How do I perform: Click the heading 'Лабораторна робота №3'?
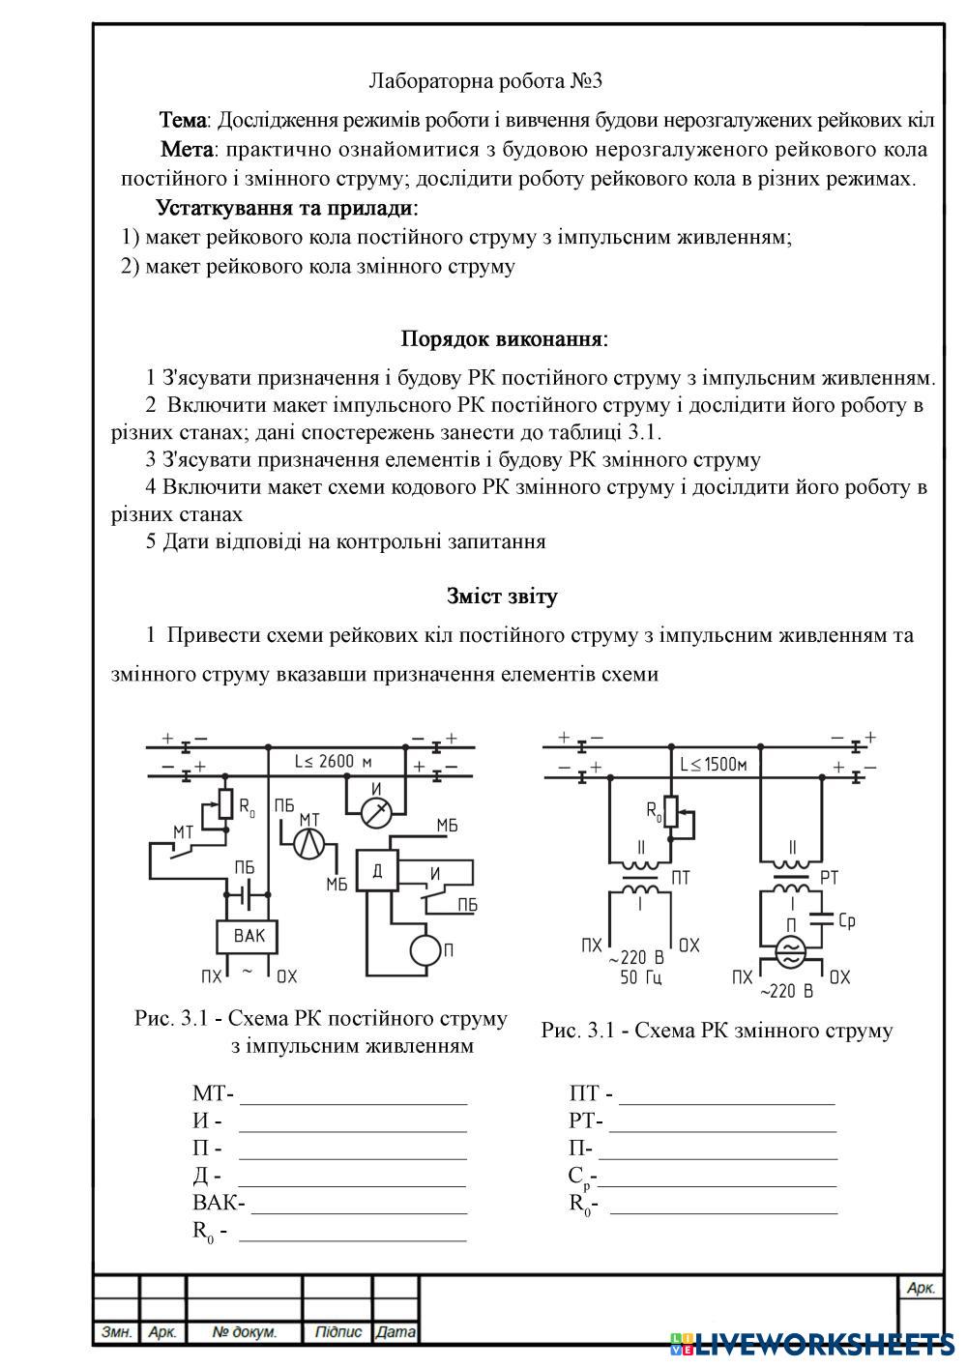tap(486, 81)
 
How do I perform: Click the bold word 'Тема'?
tap(182, 121)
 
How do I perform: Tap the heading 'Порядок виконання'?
tap(504, 339)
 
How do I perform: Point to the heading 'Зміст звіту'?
tap(502, 597)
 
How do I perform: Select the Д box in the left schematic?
tap(377, 871)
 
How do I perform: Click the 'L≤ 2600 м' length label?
tap(334, 762)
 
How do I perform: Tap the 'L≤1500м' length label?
tap(714, 765)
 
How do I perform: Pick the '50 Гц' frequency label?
tap(640, 977)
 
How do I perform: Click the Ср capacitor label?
tap(845, 921)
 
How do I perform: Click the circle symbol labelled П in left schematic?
tap(424, 949)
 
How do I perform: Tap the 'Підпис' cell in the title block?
tap(337, 1332)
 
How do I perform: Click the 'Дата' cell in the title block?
tap(396, 1332)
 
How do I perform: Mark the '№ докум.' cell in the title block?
tap(244, 1332)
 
